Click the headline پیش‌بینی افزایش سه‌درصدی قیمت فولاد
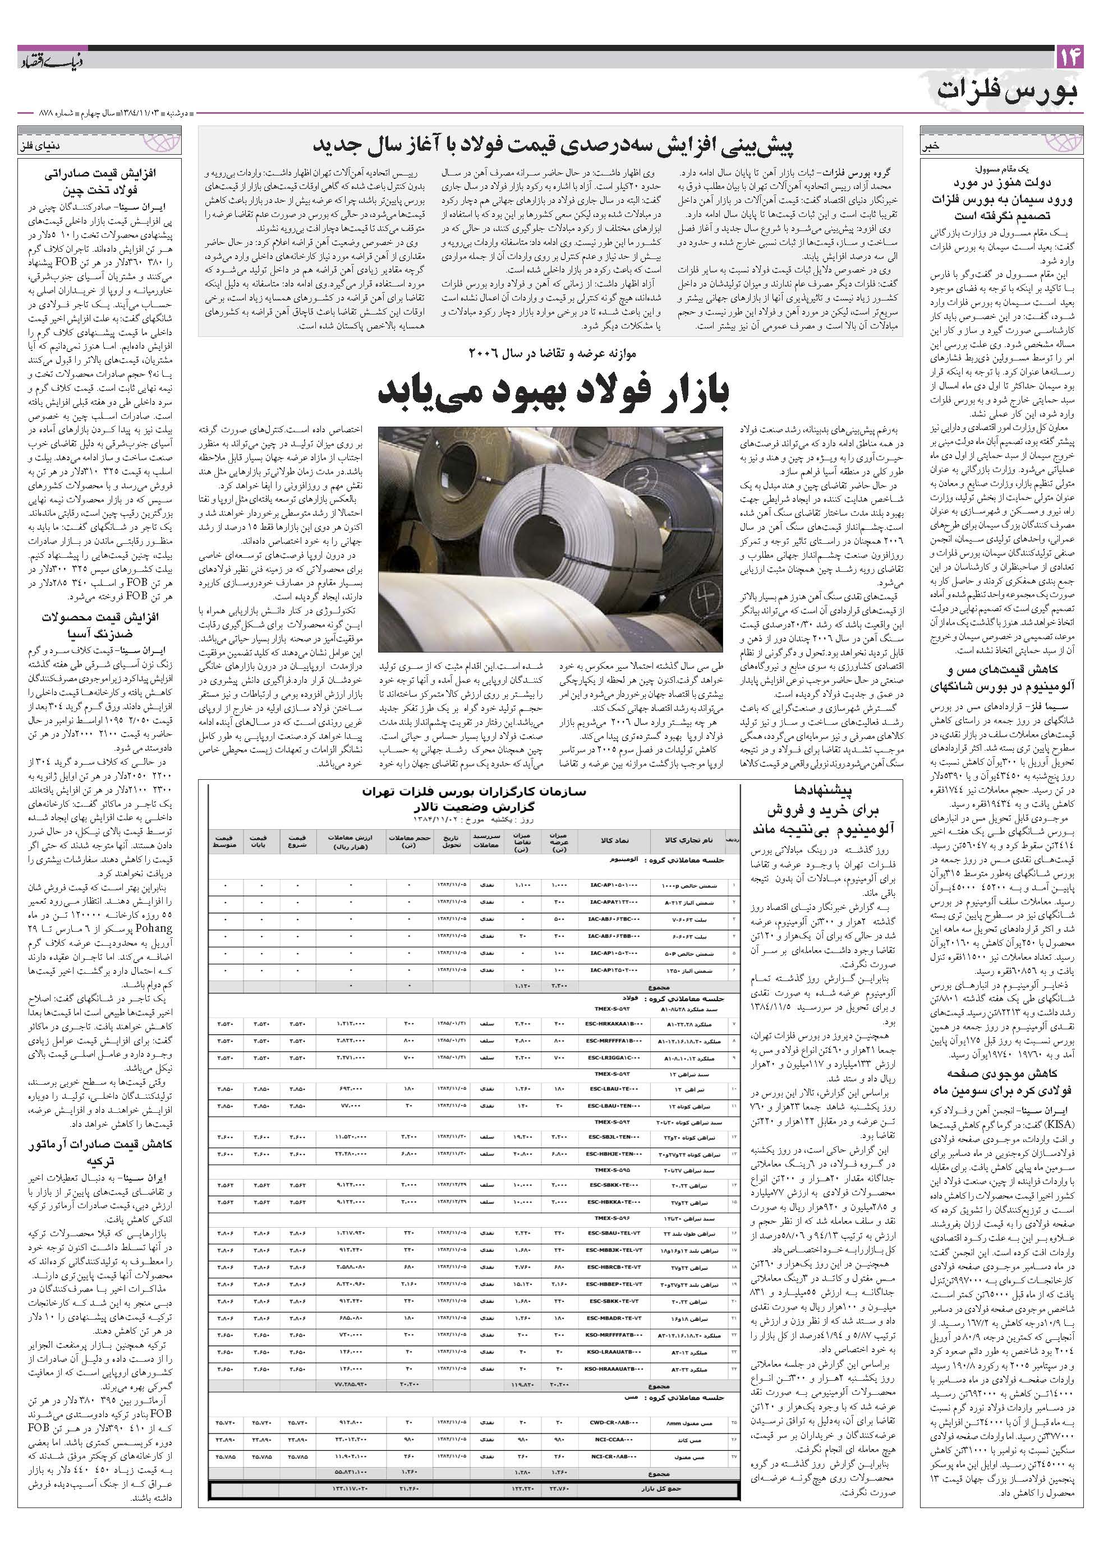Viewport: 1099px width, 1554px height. [550, 145]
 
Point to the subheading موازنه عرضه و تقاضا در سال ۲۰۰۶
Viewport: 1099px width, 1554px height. [550, 353]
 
